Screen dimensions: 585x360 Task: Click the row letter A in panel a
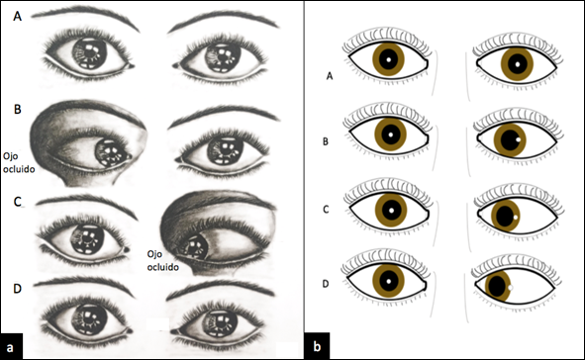coord(17,16)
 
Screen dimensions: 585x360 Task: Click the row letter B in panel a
coord(17,109)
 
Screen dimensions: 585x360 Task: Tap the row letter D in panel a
coord(17,289)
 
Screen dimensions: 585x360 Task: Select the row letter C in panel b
coord(326,210)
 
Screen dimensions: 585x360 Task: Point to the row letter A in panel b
coord(330,76)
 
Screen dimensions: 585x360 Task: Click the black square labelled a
coord(11,346)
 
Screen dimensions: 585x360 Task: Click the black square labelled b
coord(317,346)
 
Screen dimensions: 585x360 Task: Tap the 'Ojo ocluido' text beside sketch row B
coord(19,162)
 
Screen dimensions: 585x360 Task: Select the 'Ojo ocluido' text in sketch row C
coord(162,260)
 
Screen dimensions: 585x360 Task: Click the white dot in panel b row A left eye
coord(388,59)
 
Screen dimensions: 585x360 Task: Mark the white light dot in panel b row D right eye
coord(511,288)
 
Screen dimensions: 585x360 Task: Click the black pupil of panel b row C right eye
coord(505,216)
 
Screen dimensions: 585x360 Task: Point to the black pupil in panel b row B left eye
coord(391,135)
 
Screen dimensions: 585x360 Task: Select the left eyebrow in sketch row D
coord(85,285)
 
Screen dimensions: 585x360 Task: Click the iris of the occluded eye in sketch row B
coord(111,152)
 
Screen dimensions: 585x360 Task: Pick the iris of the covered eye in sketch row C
coord(195,246)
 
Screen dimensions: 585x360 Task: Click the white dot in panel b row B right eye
coord(519,139)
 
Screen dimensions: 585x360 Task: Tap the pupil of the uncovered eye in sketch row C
coord(88,237)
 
